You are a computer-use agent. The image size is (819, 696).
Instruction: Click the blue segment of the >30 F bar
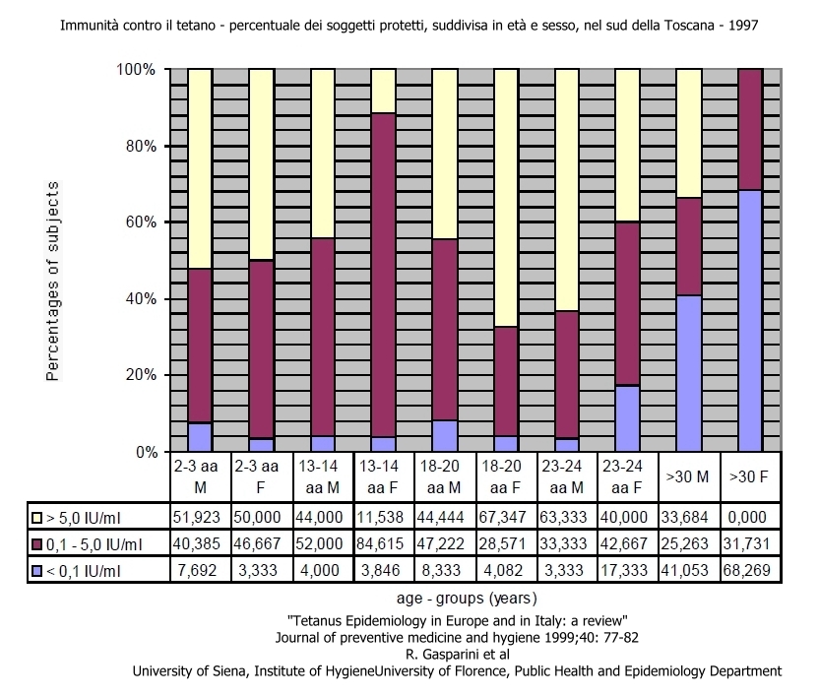pyautogui.click(x=750, y=321)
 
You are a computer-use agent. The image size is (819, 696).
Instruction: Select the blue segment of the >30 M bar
pyautogui.click(x=689, y=373)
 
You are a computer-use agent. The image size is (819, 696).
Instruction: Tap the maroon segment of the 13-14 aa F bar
pyautogui.click(x=384, y=275)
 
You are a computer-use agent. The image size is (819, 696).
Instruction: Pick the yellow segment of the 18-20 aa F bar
pyautogui.click(x=506, y=197)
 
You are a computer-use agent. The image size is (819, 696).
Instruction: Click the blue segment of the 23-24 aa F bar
pyautogui.click(x=628, y=418)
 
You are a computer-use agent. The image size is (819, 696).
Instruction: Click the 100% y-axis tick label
pyautogui.click(x=136, y=70)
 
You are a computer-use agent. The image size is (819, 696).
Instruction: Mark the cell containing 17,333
pyautogui.click(x=628, y=569)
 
